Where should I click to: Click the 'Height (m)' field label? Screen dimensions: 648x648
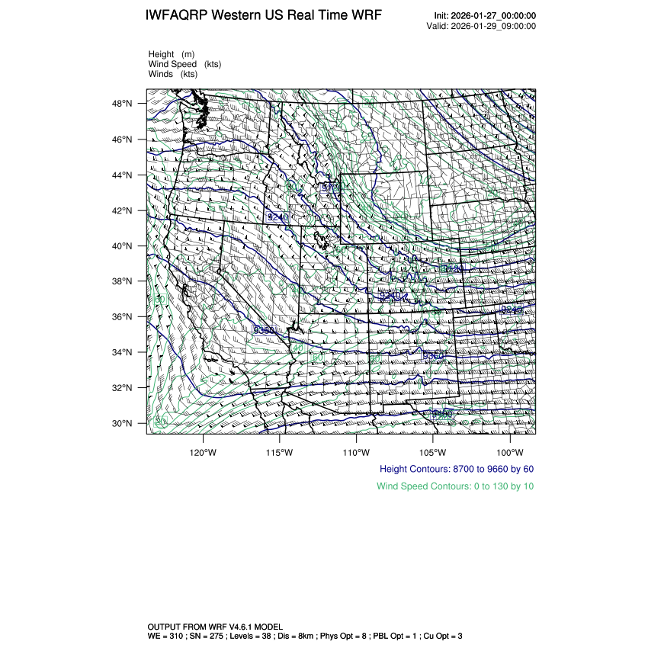pos(172,54)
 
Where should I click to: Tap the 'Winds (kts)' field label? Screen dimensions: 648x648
pos(173,74)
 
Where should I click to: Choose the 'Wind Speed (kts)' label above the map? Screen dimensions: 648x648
pos(185,64)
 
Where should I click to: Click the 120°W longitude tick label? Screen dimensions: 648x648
pos(203,449)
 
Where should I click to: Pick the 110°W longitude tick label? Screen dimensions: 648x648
pos(356,449)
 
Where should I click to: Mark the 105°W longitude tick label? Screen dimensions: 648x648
pos(433,449)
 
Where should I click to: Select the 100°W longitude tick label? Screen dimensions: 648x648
pos(509,449)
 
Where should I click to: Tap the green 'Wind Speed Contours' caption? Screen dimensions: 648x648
pos(455,486)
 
